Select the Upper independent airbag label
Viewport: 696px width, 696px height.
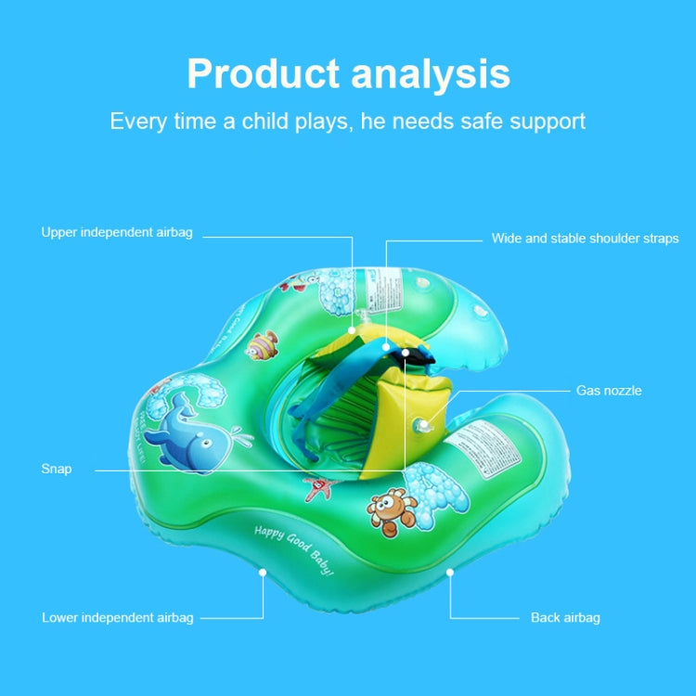point(117,232)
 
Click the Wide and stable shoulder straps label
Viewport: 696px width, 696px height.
point(585,238)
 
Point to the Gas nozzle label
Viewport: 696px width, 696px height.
point(609,391)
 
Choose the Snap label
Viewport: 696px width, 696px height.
point(57,470)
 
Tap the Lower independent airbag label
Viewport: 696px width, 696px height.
point(118,617)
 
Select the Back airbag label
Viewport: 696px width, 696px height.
point(565,617)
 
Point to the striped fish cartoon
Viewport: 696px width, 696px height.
point(263,345)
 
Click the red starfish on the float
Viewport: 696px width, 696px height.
point(317,484)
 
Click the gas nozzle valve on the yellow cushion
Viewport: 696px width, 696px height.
point(422,424)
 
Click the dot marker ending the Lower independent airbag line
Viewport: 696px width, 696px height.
point(264,573)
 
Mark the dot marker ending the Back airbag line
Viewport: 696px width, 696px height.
point(450,573)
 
